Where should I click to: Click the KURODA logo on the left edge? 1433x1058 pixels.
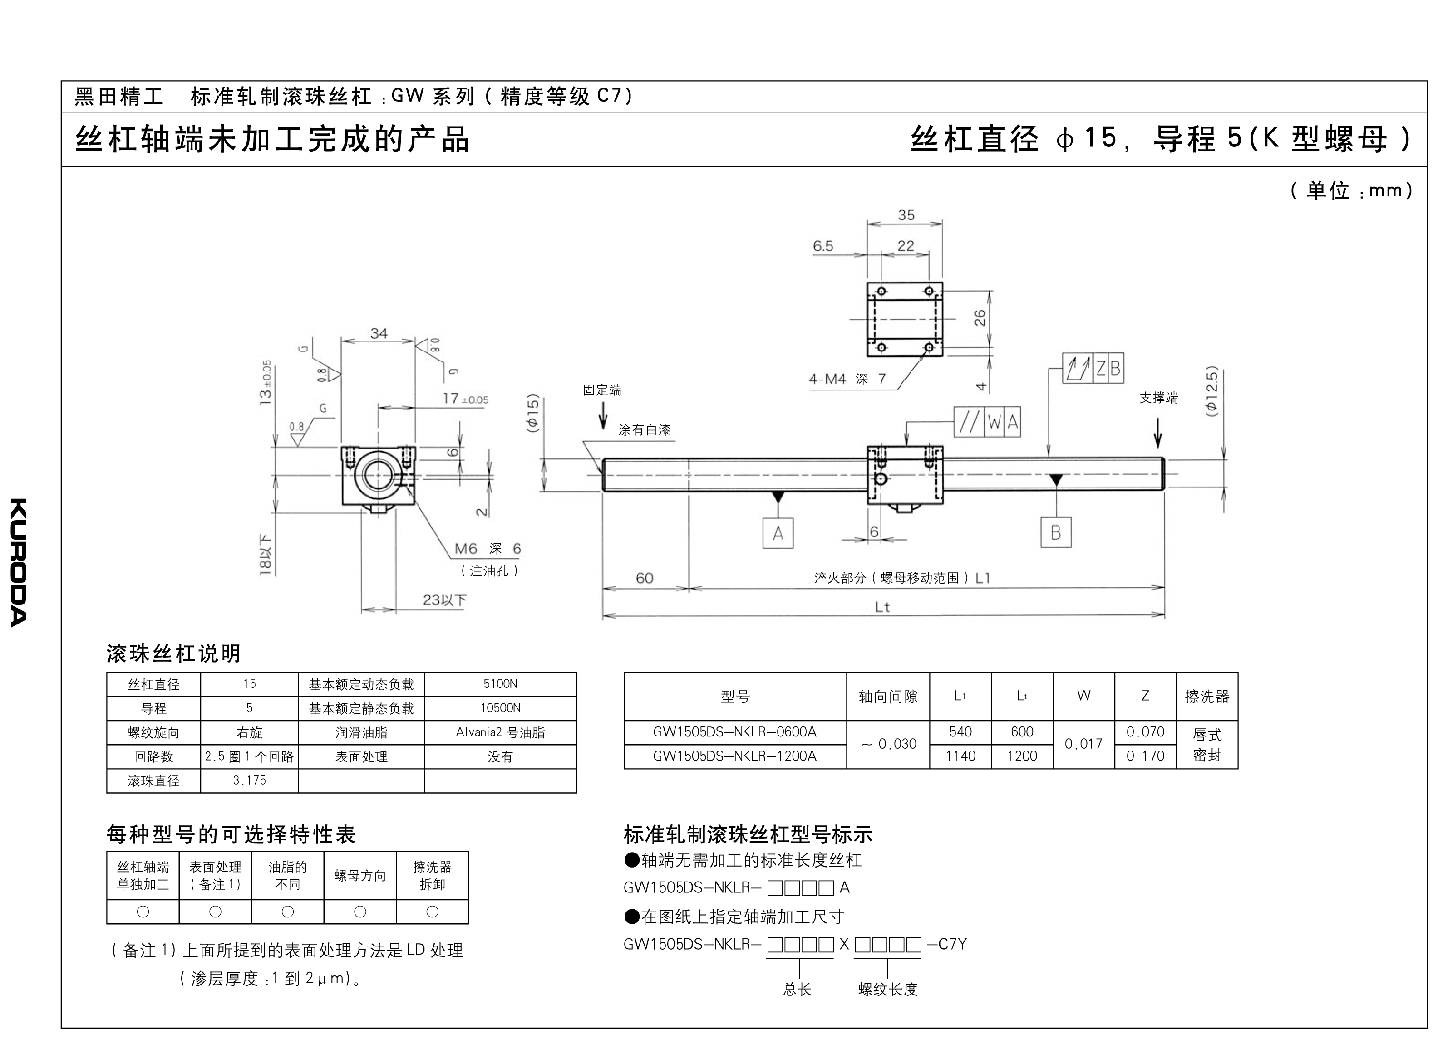coord(19,562)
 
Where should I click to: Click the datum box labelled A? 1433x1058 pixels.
coord(778,533)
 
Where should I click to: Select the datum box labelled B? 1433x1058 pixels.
coord(1055,532)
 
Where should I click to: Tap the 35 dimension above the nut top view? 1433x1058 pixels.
coord(906,215)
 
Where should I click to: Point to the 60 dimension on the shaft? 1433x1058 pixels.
coord(644,578)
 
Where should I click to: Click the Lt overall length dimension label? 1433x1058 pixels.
coord(882,607)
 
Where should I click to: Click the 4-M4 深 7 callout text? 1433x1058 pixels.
coord(847,379)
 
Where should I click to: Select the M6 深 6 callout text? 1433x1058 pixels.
coord(488,549)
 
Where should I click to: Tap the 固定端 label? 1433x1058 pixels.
coord(602,390)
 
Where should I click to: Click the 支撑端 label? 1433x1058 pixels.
coord(1158,398)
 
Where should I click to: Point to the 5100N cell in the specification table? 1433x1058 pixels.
coord(500,684)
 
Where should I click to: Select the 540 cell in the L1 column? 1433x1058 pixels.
coord(960,732)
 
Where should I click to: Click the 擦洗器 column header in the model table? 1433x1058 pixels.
coord(1207,696)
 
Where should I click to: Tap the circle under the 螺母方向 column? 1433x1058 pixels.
coord(360,912)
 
